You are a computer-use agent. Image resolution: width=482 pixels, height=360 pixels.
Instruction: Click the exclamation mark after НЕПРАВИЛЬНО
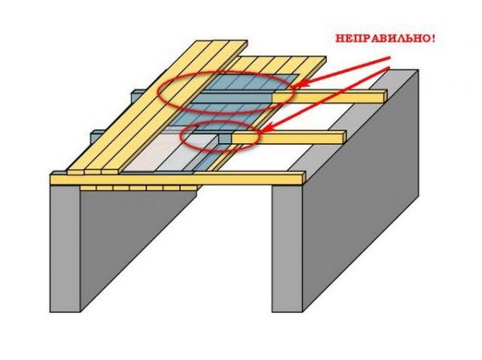tap(431, 38)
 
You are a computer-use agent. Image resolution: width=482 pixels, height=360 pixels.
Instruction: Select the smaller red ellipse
tap(220, 137)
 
